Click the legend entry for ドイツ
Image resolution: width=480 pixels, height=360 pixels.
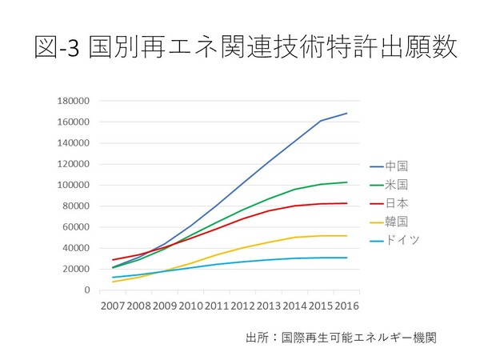click(402, 239)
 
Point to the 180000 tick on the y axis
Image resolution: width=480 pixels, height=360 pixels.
click(74, 101)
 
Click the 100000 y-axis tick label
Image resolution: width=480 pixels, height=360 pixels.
click(74, 185)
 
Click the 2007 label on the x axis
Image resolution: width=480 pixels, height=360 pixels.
click(112, 306)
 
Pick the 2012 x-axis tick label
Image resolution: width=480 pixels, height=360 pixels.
click(242, 306)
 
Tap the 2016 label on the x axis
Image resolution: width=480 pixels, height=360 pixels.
click(346, 306)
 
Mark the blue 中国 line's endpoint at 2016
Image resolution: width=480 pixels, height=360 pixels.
click(346, 113)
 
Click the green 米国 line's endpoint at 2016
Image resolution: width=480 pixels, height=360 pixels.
click(346, 182)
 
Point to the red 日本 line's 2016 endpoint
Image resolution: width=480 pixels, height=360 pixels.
click(346, 203)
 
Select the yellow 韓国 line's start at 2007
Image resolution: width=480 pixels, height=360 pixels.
click(112, 282)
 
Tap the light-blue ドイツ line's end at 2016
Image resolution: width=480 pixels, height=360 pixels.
click(346, 258)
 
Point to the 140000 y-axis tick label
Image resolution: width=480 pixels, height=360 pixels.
click(74, 143)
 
